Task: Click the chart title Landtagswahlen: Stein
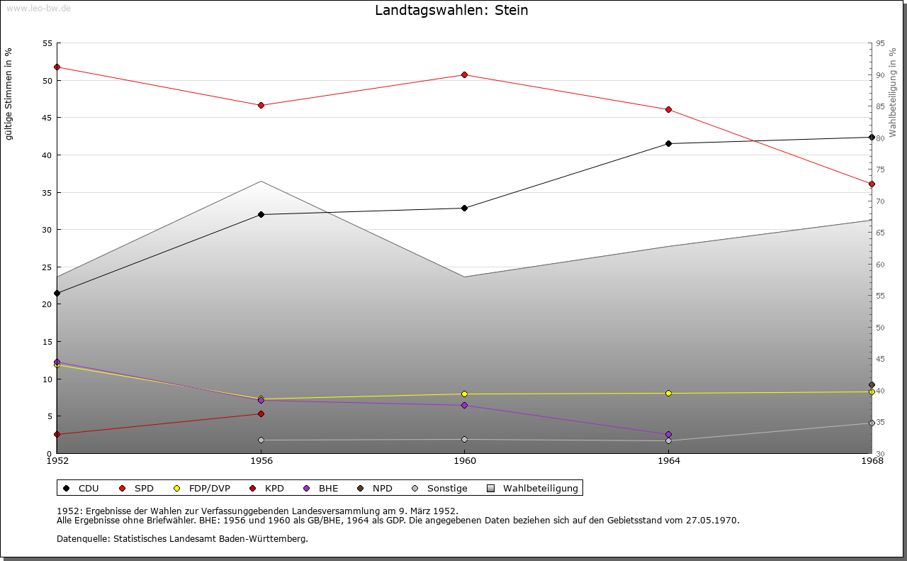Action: pyautogui.click(x=451, y=11)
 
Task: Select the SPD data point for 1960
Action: pyautogui.click(x=464, y=74)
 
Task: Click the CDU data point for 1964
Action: pyautogui.click(x=668, y=144)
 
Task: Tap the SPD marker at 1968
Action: pyautogui.click(x=872, y=184)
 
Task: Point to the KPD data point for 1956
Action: pyautogui.click(x=261, y=413)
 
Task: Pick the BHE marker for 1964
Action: pyautogui.click(x=668, y=434)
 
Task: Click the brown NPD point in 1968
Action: pyautogui.click(x=872, y=385)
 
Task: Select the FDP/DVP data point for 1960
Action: pyautogui.click(x=464, y=394)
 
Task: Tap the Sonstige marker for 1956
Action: pyautogui.click(x=261, y=440)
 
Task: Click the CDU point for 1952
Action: pyautogui.click(x=57, y=293)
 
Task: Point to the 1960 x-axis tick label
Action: pyautogui.click(x=464, y=461)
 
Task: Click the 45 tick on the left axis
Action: pyautogui.click(x=47, y=118)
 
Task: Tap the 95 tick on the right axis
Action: pyautogui.click(x=880, y=43)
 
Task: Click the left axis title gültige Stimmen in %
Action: pyautogui.click(x=9, y=94)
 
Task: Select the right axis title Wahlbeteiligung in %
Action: pyautogui.click(x=893, y=93)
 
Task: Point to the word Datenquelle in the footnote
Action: pyautogui.click(x=79, y=538)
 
